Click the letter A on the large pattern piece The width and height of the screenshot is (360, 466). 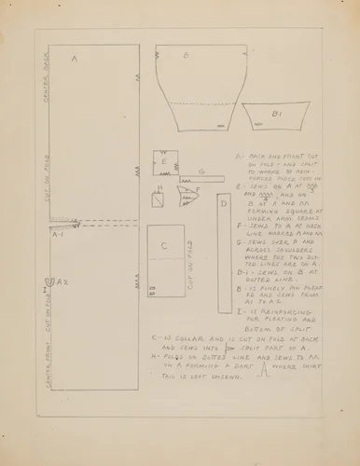(74, 59)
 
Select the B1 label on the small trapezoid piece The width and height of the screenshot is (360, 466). (277, 114)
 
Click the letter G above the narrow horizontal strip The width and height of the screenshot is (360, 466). (201, 171)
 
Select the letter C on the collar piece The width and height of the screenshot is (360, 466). (163, 245)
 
